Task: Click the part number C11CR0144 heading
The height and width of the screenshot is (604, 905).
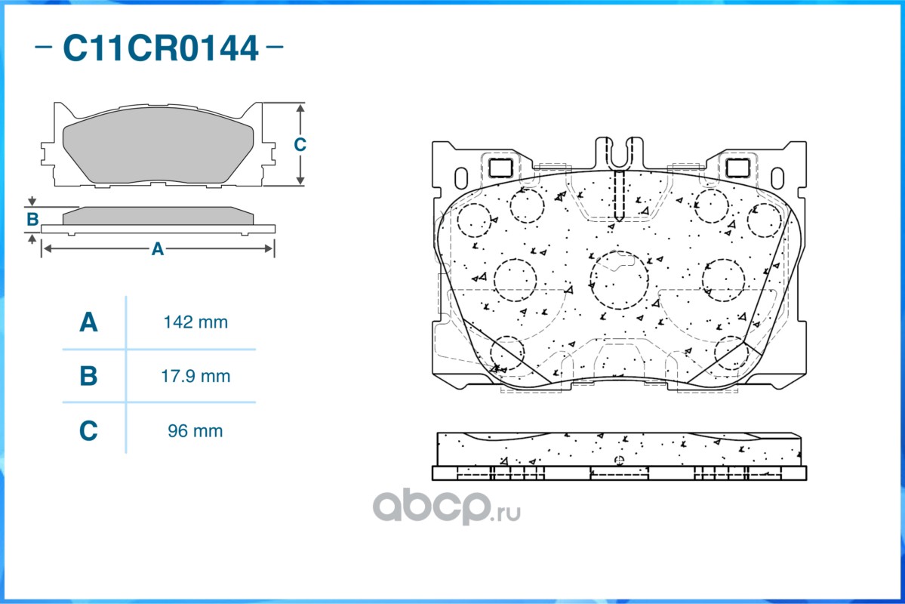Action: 161,48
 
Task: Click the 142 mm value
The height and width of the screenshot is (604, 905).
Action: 195,322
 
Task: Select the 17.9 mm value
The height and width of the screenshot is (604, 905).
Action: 195,376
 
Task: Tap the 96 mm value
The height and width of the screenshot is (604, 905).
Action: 195,431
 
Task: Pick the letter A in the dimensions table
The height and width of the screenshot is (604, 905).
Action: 88,322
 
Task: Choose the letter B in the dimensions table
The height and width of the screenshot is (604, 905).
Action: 88,376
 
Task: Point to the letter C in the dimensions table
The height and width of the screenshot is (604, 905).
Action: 88,431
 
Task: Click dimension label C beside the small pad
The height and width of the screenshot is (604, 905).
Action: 300,143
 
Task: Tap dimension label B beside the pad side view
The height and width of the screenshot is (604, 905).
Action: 32,220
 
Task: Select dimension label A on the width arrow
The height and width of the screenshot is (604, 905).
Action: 158,249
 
